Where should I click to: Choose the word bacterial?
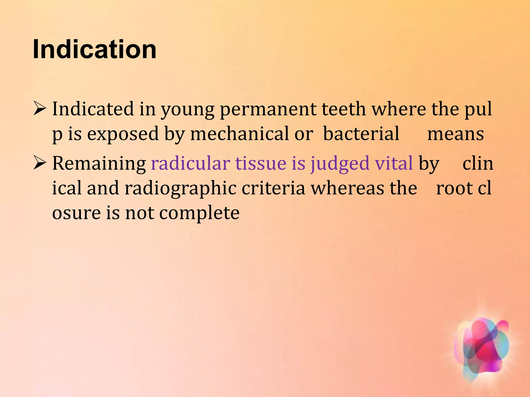[361, 134]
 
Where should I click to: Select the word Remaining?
[99, 164]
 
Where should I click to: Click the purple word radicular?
[190, 163]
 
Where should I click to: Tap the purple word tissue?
[261, 163]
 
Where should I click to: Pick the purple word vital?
[394, 163]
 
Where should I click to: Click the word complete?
[199, 213]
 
